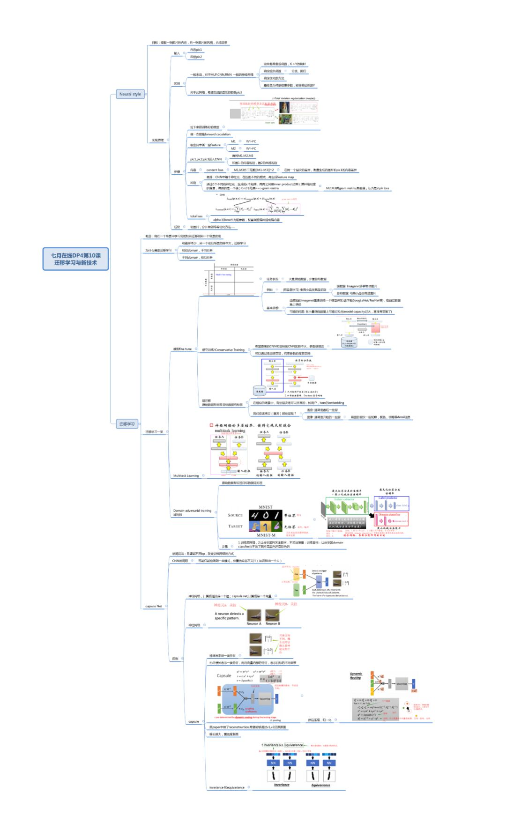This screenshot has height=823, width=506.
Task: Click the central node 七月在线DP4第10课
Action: tap(75, 259)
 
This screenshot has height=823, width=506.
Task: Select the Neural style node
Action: tap(130, 94)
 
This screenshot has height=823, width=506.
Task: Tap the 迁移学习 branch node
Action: tap(126, 424)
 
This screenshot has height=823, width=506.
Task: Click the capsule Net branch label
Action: tap(153, 606)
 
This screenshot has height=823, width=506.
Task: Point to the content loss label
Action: tap(215, 170)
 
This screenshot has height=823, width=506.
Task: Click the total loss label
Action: tap(196, 216)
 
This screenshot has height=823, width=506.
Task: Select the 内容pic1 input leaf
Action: tap(196, 50)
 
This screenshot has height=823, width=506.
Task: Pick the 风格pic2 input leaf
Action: tap(196, 57)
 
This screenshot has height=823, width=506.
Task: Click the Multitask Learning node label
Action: tap(186, 476)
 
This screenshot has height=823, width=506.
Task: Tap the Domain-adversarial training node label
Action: tap(192, 511)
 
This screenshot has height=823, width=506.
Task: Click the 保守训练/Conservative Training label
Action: tap(223, 350)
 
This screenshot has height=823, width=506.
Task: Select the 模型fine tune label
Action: tap(182, 349)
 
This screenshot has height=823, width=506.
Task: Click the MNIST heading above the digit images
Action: tap(265, 507)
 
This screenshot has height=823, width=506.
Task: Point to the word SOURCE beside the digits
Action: tap(235, 515)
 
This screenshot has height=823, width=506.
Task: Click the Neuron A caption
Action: tap(254, 623)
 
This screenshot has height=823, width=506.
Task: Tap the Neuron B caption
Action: tap(273, 623)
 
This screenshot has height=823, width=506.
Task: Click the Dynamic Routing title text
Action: tap(356, 675)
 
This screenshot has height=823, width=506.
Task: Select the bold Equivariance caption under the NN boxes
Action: tap(320, 785)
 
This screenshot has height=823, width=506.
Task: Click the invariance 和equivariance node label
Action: tap(227, 787)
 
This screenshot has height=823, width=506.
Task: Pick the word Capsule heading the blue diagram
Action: tap(224, 675)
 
